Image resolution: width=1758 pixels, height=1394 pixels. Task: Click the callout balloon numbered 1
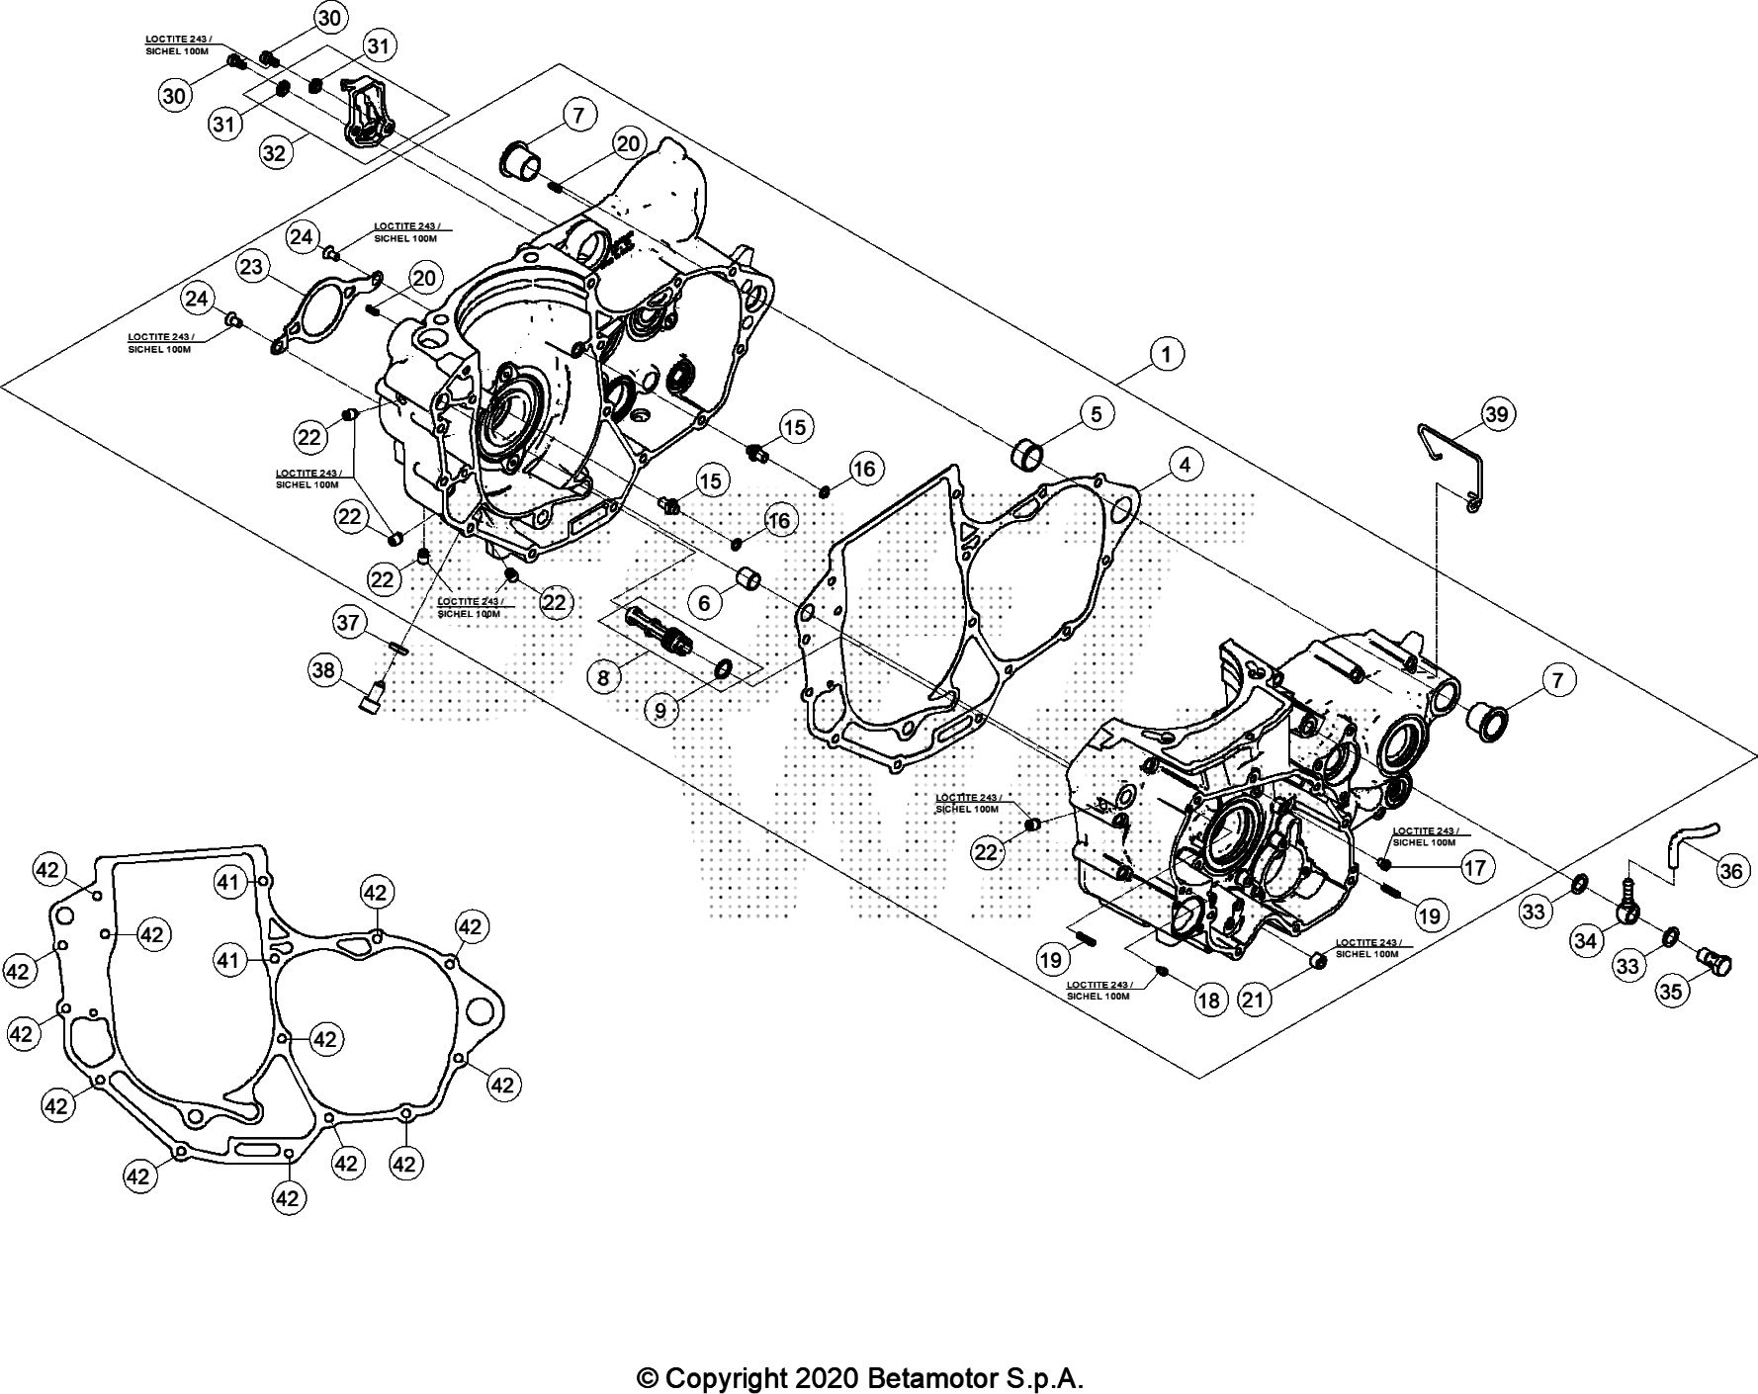point(1167,354)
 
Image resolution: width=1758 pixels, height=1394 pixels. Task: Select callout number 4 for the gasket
point(1185,464)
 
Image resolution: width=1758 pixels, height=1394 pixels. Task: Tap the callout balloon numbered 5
point(1097,413)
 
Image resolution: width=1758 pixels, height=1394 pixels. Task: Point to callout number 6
point(704,602)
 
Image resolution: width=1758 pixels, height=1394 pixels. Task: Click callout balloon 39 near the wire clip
point(1497,413)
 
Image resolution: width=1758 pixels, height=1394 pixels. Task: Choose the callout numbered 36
point(1731,871)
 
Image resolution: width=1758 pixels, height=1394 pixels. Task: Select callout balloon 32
point(275,152)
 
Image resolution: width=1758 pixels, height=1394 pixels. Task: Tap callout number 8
point(604,677)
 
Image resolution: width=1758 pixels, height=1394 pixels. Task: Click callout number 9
point(659,709)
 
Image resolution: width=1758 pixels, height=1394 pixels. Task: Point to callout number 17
point(1474,868)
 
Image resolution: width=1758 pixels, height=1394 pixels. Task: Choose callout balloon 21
point(1253,1000)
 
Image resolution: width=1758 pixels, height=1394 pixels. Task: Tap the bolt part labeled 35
point(1715,959)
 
